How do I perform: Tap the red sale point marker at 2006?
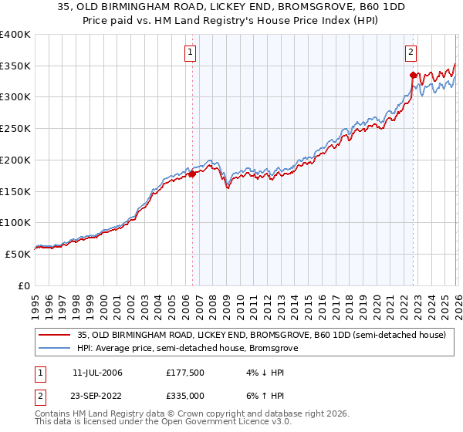click(x=192, y=174)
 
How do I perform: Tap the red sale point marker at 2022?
click(x=414, y=75)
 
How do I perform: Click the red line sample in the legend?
click(x=54, y=335)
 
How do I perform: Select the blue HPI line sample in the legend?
click(x=54, y=349)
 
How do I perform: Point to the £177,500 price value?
click(x=184, y=373)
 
